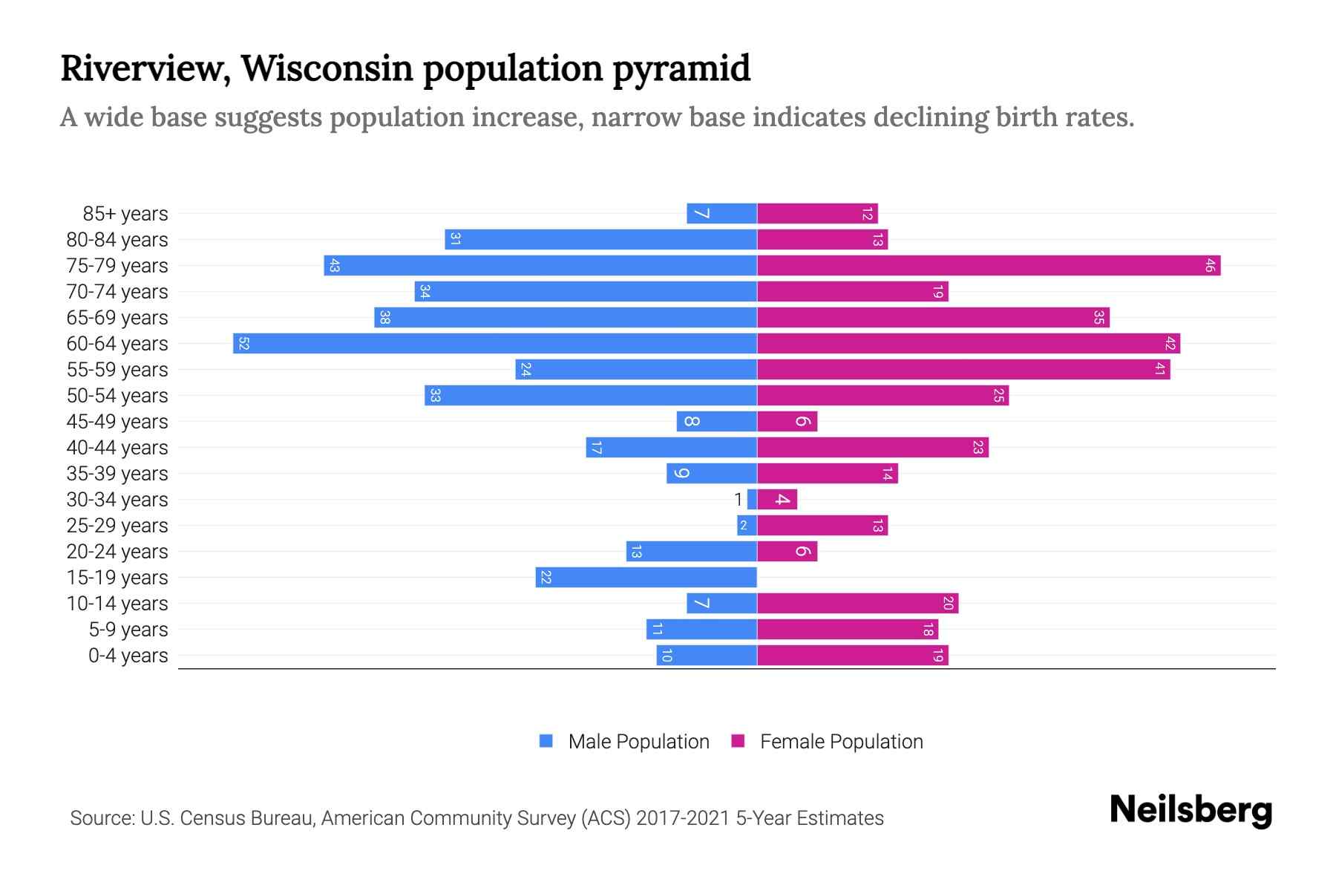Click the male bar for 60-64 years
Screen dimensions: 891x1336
(495, 344)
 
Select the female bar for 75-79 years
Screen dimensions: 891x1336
(989, 266)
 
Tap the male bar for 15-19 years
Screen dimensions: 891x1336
(646, 578)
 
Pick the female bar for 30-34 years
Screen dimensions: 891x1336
(777, 500)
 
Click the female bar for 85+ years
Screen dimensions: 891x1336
(817, 214)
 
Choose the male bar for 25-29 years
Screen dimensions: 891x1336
(747, 526)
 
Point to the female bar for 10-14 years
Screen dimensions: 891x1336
(857, 604)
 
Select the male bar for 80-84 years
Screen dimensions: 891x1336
(601, 240)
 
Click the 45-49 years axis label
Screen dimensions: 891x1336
(117, 422)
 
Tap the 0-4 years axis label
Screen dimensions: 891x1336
(128, 656)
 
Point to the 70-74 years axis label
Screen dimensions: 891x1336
(117, 292)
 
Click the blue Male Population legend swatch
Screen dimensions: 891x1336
(546, 741)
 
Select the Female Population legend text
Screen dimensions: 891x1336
(841, 742)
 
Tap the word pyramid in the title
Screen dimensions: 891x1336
(681, 69)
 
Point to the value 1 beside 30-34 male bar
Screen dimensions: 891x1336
(738, 500)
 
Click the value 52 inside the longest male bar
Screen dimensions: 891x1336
(243, 344)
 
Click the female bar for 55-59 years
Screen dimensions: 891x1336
(963, 370)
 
